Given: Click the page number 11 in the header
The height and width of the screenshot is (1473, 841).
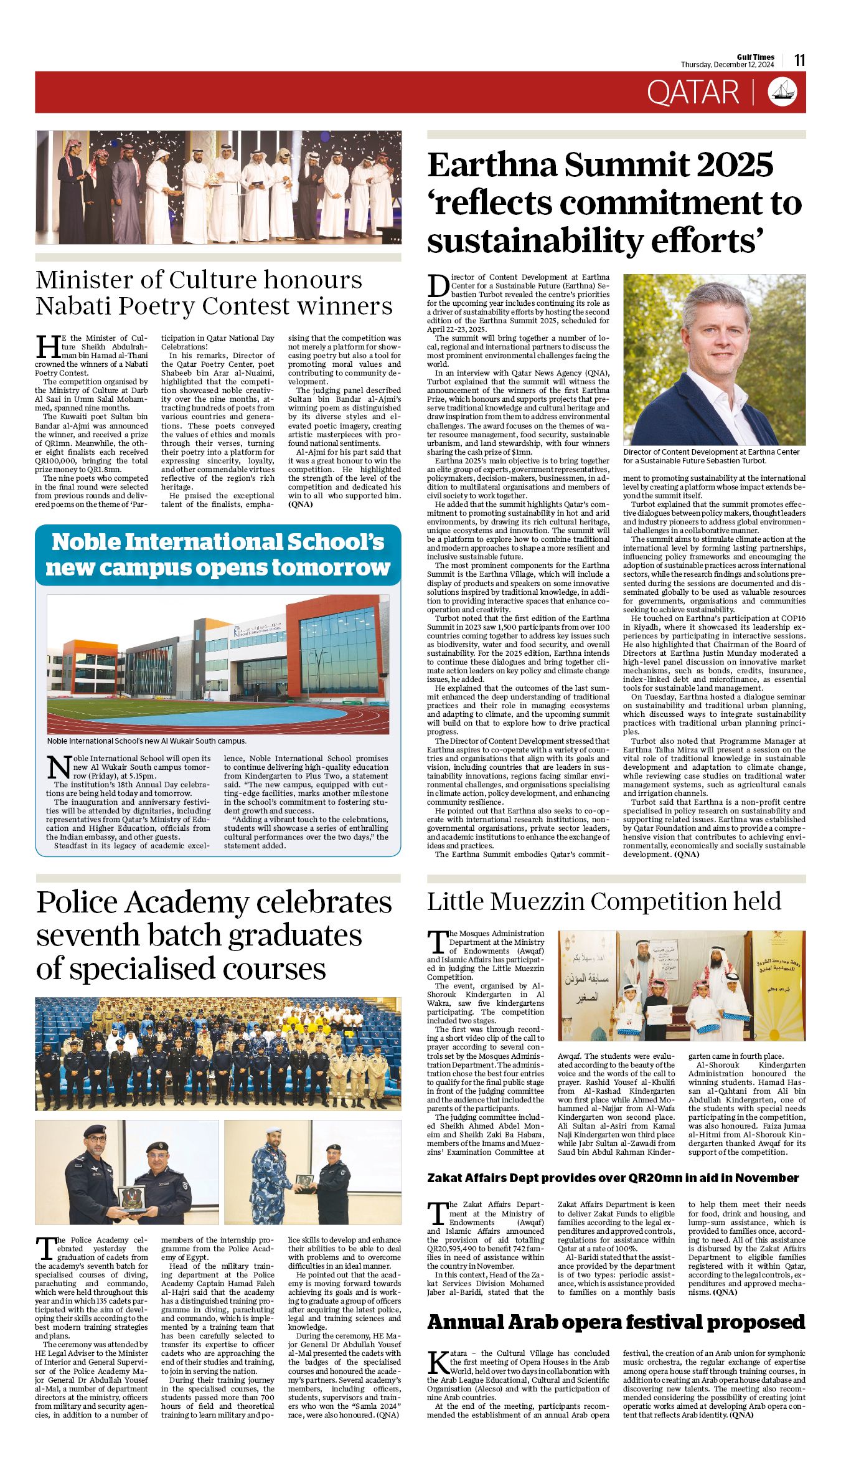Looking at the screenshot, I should pos(800,60).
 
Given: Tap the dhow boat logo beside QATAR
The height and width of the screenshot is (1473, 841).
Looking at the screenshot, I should pos(782,92).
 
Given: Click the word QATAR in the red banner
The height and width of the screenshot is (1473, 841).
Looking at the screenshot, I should pos(693,92).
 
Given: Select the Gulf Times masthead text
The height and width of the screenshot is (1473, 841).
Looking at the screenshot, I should pos(756,57).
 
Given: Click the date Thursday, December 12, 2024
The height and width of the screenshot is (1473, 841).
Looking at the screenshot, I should pos(727,65).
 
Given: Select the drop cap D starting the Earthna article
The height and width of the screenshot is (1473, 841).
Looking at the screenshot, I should pos(438,286).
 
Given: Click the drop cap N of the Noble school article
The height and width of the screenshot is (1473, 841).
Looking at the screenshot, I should pos(59,767).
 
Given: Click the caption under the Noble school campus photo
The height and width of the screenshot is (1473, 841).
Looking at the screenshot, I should pos(147,741).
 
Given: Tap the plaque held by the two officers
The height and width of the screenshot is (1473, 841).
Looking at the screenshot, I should pos(132,1198).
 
